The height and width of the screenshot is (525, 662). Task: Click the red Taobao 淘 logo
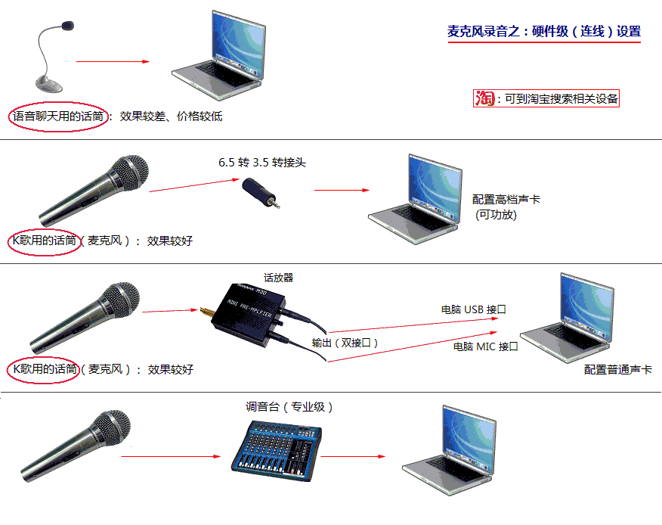484,98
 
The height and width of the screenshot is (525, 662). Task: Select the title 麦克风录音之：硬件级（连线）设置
544,31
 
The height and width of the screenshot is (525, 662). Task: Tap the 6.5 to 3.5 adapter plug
261,193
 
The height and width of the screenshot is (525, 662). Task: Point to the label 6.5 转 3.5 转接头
261,163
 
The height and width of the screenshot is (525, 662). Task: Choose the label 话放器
278,278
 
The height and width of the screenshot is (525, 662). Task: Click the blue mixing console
277,451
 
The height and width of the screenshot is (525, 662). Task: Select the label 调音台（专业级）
289,407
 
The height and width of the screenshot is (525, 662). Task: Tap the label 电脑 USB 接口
473,310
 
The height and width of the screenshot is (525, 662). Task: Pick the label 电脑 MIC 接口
485,346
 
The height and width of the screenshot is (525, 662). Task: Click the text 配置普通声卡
617,370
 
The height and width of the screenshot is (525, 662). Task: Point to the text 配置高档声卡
506,200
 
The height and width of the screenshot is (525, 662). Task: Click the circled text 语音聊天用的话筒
58,116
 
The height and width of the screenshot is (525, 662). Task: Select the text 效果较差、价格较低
171,116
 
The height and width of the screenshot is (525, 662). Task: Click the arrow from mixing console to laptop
353,456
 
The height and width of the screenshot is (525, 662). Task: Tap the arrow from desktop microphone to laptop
113,62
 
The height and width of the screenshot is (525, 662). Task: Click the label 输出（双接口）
345,343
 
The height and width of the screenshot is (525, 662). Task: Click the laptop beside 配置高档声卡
416,199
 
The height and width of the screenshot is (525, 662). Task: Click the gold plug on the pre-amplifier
206,312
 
